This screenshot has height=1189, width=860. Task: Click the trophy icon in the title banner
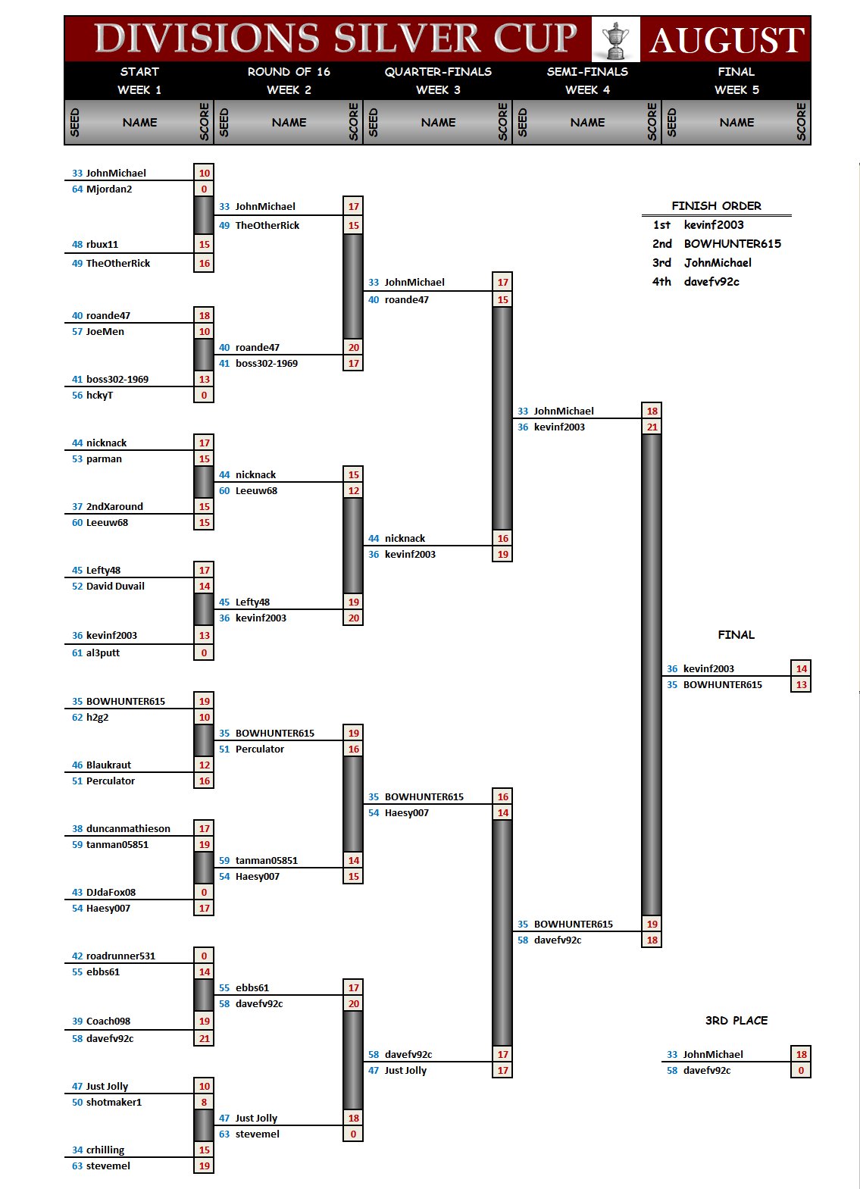point(615,39)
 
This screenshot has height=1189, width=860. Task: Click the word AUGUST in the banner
point(726,40)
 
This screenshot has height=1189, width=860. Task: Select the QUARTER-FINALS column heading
point(438,72)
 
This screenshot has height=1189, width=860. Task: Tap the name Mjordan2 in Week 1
point(109,189)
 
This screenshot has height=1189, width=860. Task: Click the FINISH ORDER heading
point(716,206)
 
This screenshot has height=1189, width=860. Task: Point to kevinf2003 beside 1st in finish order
point(714,225)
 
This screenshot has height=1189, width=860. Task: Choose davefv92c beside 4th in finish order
point(711,282)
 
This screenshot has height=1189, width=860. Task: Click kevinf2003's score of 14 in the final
point(801,668)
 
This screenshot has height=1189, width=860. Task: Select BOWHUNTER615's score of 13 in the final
point(801,685)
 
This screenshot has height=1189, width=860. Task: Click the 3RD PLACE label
point(736,1021)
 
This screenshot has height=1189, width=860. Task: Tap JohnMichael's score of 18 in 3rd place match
point(801,1055)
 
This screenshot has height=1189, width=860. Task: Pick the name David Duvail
point(115,587)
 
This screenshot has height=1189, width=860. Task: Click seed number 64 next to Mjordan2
point(77,189)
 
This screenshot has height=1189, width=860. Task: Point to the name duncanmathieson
point(128,829)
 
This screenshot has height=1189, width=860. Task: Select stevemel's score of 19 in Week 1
point(204,1166)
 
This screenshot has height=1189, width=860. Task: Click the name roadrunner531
point(120,956)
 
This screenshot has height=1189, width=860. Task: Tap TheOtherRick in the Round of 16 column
point(267,226)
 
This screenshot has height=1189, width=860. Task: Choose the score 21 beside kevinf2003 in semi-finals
point(652,427)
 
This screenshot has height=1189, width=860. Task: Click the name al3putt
point(103,653)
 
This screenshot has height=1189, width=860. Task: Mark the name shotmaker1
point(114,1103)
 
